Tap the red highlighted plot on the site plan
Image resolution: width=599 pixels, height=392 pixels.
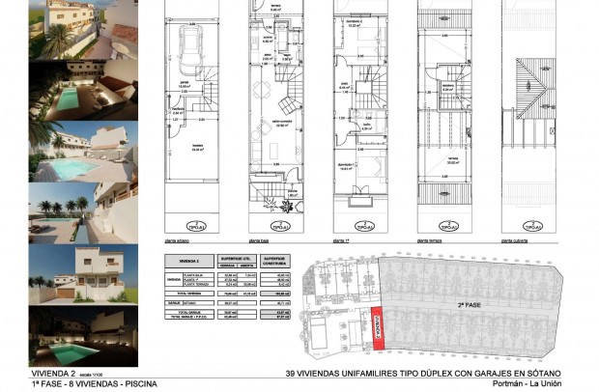click(x=378, y=328)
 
